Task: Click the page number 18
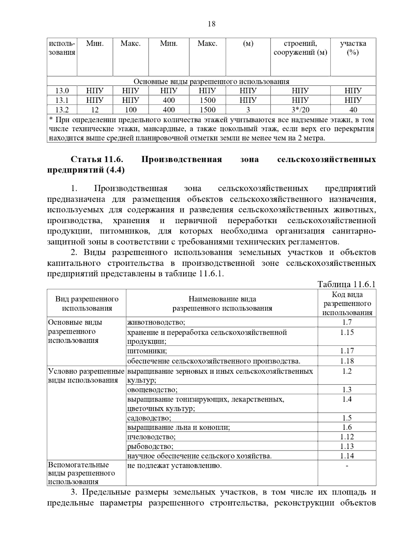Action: coord(211,24)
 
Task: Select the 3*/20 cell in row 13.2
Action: coord(300,110)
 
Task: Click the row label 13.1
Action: coord(62,100)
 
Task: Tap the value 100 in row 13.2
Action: coord(130,110)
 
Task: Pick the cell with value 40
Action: coord(353,110)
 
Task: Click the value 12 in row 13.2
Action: coord(95,110)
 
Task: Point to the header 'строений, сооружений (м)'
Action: coord(300,48)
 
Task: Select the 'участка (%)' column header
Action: coord(353,48)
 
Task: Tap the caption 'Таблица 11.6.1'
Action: coord(346,284)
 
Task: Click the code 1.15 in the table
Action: coord(347,332)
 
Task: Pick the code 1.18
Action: coord(347,361)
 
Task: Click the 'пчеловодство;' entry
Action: coord(151,437)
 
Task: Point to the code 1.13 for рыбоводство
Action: coord(347,446)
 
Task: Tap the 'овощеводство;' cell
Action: coord(152,390)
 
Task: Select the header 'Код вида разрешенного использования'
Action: coord(347,304)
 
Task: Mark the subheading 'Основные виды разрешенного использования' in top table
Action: coord(211,82)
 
